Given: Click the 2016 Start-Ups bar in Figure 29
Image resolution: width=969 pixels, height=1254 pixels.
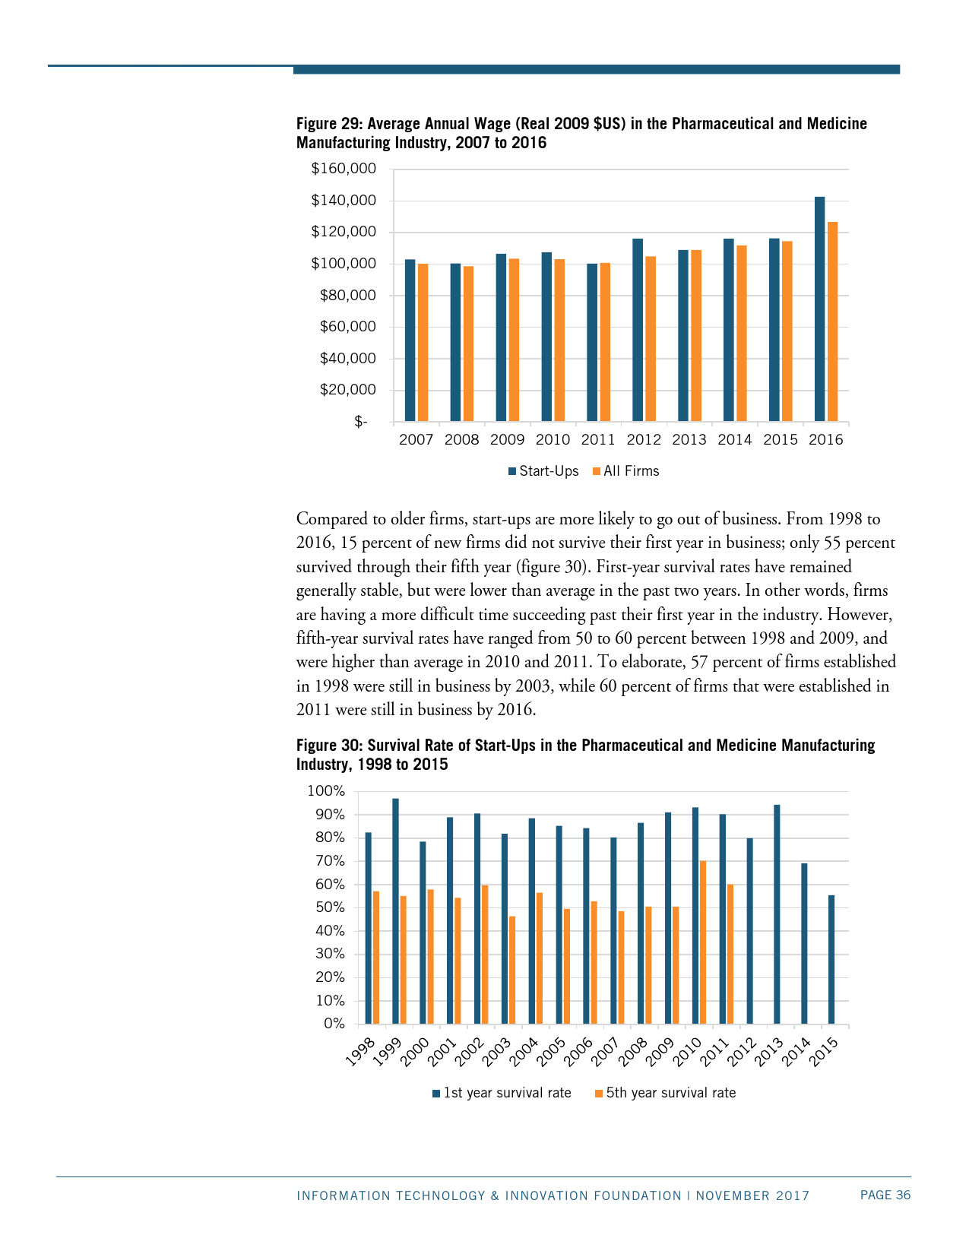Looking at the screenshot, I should click(x=819, y=309).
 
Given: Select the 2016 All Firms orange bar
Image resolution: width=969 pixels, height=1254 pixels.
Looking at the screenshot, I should click(x=832, y=321).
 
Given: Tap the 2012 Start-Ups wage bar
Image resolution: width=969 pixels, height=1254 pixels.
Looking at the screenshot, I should click(x=638, y=330).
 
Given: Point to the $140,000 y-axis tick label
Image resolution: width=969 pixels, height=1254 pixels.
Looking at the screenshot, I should click(x=344, y=201).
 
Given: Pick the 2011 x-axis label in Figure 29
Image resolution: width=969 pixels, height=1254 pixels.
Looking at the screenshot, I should click(x=598, y=440).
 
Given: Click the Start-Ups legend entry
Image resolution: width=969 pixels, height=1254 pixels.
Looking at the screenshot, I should click(x=544, y=471).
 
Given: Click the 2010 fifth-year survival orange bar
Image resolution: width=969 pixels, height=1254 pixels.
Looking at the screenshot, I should click(x=703, y=942).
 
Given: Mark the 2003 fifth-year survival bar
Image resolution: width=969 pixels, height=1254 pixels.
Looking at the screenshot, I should click(x=512, y=970).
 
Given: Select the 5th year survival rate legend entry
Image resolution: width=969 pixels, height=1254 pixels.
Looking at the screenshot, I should click(x=665, y=1093).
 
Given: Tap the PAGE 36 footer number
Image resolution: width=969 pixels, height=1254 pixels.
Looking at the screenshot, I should click(x=885, y=1195).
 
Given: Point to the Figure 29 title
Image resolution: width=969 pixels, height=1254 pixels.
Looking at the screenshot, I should click(x=581, y=133).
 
